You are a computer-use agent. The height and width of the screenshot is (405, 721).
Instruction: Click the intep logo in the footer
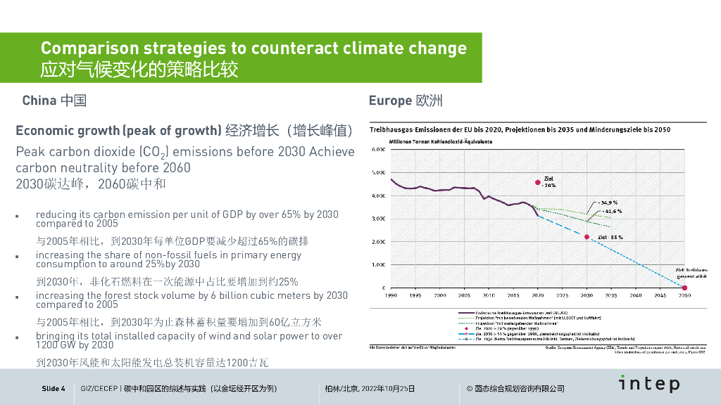pyautogui.click(x=649, y=383)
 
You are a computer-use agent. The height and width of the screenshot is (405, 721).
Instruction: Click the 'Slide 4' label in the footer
pyautogui.click(x=54, y=389)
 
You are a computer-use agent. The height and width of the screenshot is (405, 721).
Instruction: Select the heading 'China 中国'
pyautogui.click(x=54, y=101)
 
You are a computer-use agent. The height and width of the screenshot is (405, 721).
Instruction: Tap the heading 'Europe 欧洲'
pyautogui.click(x=406, y=101)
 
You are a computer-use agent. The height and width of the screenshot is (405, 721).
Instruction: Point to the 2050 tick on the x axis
pyautogui.click(x=684, y=295)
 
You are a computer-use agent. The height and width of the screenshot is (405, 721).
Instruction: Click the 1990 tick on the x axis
pyautogui.click(x=391, y=295)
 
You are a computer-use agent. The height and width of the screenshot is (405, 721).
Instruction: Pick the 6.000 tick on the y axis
pyautogui.click(x=377, y=150)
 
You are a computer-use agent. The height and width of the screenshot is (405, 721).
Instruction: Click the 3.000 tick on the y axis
pyautogui.click(x=377, y=219)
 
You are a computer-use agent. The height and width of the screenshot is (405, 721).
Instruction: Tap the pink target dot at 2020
pyautogui.click(x=538, y=182)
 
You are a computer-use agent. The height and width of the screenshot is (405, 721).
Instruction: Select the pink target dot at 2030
pyautogui.click(x=587, y=237)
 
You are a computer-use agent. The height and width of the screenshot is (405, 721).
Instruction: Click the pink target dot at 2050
pyautogui.click(x=684, y=288)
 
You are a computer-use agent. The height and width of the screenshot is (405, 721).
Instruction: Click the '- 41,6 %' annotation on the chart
pyautogui.click(x=609, y=211)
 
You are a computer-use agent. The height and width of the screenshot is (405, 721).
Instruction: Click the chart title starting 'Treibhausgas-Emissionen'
pyautogui.click(x=520, y=130)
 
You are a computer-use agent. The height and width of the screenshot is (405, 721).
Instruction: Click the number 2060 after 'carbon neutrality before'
pyautogui.click(x=176, y=169)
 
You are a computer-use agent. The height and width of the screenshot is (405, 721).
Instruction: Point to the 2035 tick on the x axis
pyautogui.click(x=610, y=295)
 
